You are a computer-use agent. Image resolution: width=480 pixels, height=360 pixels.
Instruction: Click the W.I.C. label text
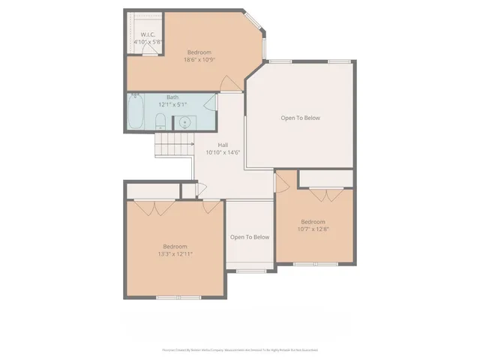(x=148, y=34)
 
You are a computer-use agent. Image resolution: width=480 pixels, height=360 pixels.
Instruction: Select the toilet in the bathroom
(x=160, y=122)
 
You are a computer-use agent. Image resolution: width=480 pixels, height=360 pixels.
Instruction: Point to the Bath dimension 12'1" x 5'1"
(x=172, y=105)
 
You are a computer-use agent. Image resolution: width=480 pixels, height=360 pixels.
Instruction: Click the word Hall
(x=223, y=145)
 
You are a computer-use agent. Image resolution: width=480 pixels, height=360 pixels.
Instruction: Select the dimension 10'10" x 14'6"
(x=223, y=153)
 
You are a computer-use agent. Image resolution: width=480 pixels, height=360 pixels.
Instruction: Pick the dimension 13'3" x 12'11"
(x=175, y=254)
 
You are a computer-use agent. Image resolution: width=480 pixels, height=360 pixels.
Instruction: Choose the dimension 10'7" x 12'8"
(x=313, y=229)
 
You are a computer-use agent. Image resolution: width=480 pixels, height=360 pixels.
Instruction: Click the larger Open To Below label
(x=301, y=118)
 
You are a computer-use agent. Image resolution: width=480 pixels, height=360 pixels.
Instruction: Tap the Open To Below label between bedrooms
(x=250, y=237)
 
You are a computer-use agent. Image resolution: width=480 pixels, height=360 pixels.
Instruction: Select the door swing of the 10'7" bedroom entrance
(x=283, y=181)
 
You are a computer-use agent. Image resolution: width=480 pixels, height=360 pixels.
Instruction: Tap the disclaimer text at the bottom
(x=239, y=349)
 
